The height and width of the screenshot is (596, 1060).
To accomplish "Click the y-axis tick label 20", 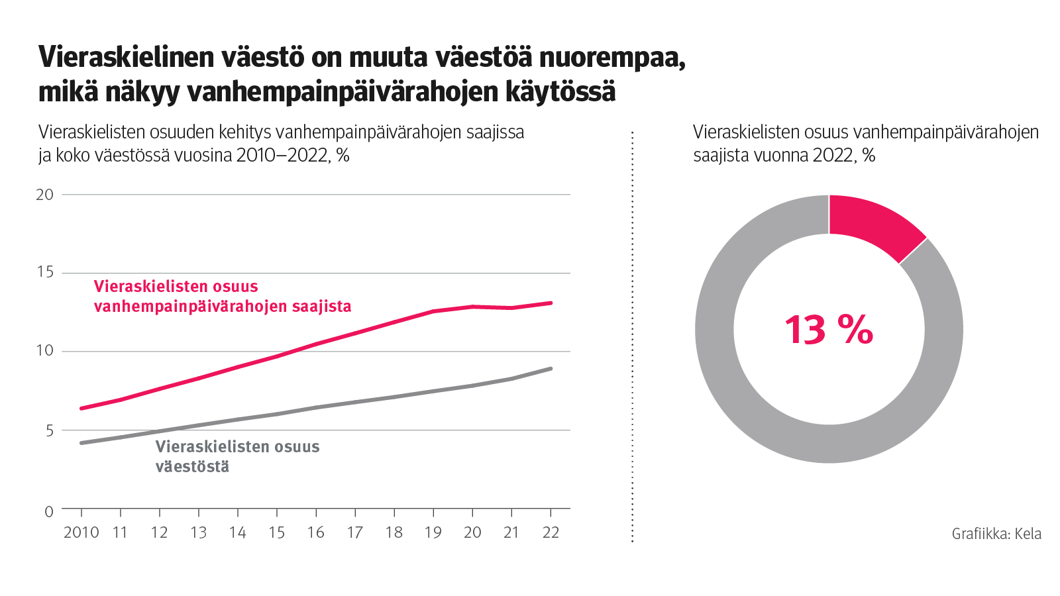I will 44,195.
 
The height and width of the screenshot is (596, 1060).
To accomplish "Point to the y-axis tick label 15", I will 44,272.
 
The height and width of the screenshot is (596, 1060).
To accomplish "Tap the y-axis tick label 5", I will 49,431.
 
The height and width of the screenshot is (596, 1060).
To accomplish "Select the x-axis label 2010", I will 81,532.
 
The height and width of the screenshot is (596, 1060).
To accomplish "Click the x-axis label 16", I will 315,532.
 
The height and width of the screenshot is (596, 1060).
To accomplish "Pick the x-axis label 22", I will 551,532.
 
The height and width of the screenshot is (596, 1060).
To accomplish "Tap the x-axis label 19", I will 433,532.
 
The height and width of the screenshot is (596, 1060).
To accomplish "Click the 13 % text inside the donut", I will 828,329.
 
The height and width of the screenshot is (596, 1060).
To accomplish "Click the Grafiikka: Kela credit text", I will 996,534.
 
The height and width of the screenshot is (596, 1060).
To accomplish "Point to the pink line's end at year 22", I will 551,303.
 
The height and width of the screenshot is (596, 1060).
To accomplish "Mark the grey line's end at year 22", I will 551,369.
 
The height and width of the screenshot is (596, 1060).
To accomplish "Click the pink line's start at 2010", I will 81,409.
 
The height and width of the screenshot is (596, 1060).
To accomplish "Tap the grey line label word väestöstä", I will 192,466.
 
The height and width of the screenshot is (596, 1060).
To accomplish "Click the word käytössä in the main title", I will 560,91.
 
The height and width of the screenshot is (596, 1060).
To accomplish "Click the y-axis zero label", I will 49,512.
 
